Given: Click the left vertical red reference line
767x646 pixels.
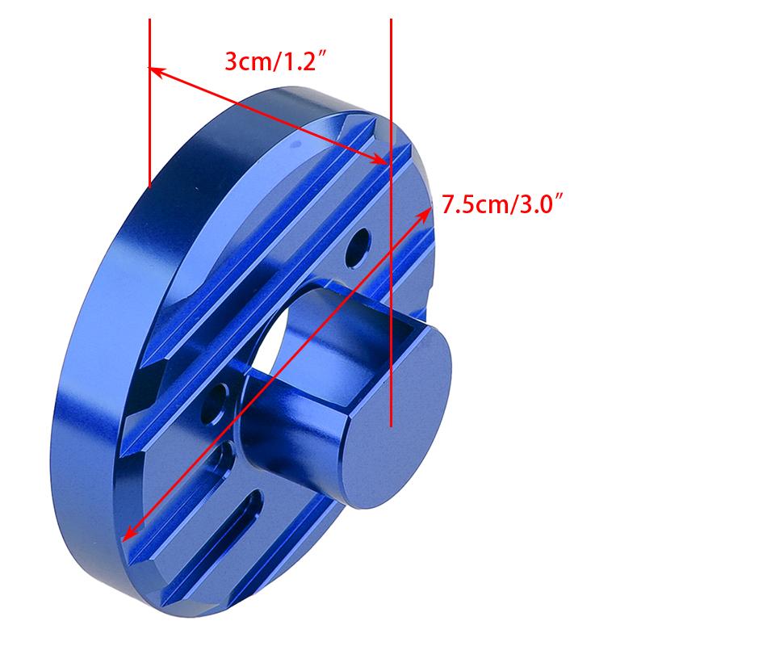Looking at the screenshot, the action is click(x=149, y=103).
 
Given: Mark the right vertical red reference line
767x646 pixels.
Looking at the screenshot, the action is click(x=391, y=223).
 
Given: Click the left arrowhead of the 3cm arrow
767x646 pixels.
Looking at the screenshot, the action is click(x=156, y=70).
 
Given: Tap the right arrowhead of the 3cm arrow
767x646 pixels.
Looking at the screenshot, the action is click(x=380, y=159).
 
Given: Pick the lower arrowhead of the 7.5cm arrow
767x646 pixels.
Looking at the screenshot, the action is click(x=128, y=534).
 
